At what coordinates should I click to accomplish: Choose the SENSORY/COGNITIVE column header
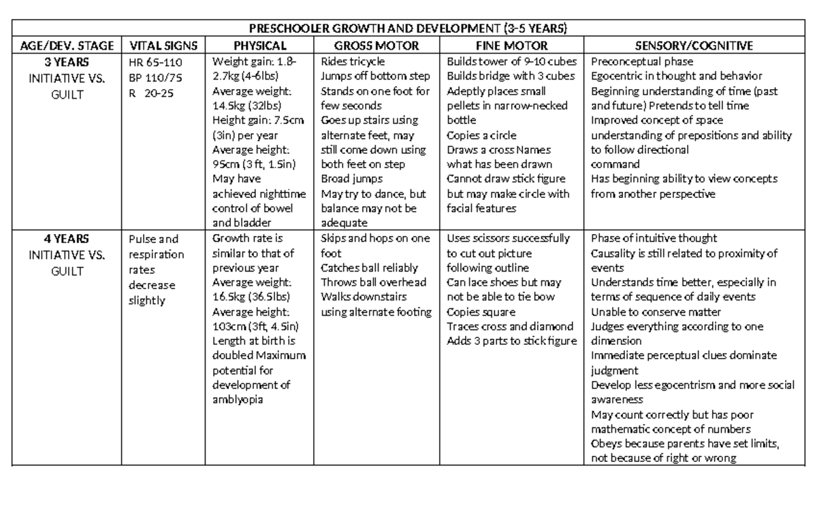click(694, 46)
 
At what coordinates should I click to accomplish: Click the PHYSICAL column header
click(260, 46)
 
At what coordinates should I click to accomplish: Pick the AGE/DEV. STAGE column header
click(67, 46)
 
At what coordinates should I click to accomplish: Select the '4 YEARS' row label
click(67, 238)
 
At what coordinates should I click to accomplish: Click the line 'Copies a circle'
click(481, 135)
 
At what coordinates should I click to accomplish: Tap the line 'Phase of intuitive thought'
click(654, 238)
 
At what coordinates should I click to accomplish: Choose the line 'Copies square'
click(480, 312)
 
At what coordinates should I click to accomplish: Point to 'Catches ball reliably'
click(369, 267)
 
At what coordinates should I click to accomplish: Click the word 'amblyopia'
click(238, 399)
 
